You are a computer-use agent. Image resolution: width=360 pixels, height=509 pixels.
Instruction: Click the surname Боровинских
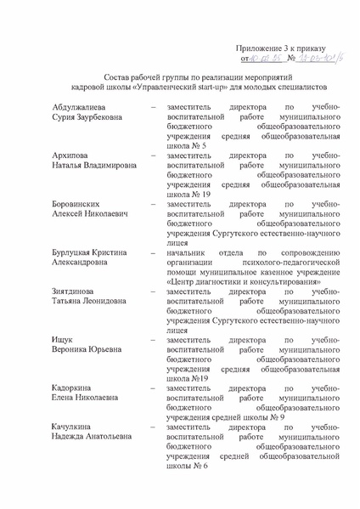(56, 204)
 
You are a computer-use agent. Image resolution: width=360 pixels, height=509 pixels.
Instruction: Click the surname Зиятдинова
(54, 291)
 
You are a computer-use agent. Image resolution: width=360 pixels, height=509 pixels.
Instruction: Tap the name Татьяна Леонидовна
(68, 301)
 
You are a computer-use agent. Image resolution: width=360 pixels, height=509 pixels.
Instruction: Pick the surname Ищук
(39, 340)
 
